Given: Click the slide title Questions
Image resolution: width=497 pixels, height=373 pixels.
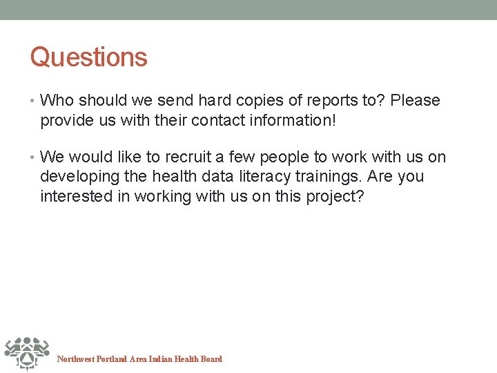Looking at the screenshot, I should coord(88,57).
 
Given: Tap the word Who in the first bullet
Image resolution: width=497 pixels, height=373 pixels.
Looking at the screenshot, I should coord(56,101).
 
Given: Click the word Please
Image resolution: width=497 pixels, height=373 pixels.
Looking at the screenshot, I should coord(415,101).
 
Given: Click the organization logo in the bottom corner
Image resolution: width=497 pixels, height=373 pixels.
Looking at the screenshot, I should coord(26,353).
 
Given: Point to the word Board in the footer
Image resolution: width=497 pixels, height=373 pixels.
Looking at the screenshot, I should coord(211,359).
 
